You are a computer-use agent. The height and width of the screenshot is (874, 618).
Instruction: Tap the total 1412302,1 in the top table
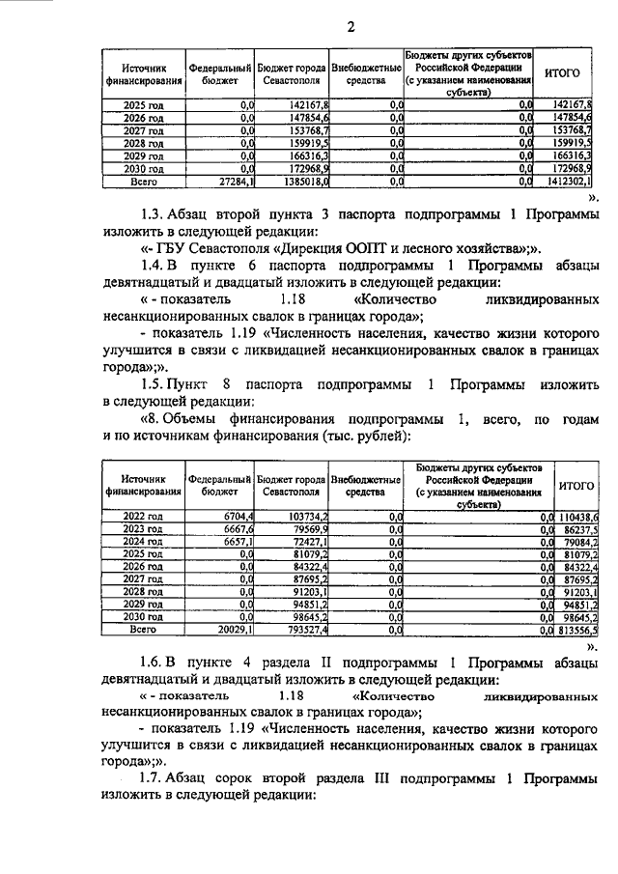568,180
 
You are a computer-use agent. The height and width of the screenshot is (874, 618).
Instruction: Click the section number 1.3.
153,212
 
